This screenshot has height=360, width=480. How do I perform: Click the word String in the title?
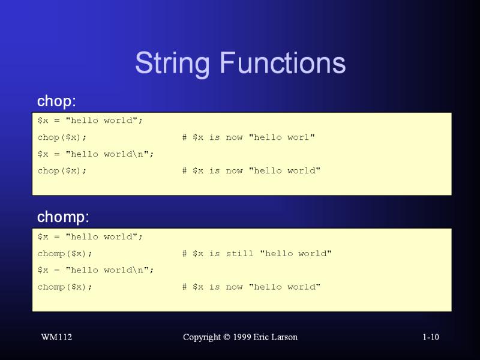pyautogui.click(x=172, y=64)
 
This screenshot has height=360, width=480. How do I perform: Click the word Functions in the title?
pyautogui.click(x=283, y=62)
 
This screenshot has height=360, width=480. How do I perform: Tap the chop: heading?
pyautogui.click(x=56, y=101)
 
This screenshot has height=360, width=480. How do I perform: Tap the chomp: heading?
pyautogui.click(x=63, y=217)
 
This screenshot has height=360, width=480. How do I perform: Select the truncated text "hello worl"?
pyautogui.click(x=281, y=137)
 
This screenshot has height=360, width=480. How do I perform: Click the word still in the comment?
pyautogui.click(x=239, y=253)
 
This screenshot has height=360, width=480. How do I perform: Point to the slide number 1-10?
pyautogui.click(x=431, y=337)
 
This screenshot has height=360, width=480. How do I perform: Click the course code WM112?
pyautogui.click(x=56, y=337)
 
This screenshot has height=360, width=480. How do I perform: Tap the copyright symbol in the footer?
pyautogui.click(x=227, y=337)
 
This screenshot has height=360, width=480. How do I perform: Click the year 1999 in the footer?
pyautogui.click(x=242, y=337)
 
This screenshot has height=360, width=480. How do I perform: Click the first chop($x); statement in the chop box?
pyautogui.click(x=62, y=137)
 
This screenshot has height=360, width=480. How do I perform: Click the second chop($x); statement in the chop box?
pyautogui.click(x=62, y=171)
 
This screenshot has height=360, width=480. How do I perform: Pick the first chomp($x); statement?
pyautogui.click(x=65, y=254)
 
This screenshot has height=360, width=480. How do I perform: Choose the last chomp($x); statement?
pyautogui.click(x=65, y=287)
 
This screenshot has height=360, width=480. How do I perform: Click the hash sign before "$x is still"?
pyautogui.click(x=184, y=253)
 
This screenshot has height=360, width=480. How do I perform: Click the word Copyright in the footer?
pyautogui.click(x=202, y=337)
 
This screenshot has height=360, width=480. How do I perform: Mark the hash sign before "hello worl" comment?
pyautogui.click(x=184, y=137)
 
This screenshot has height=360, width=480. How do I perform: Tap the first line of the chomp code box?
pyautogui.click(x=90, y=236)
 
